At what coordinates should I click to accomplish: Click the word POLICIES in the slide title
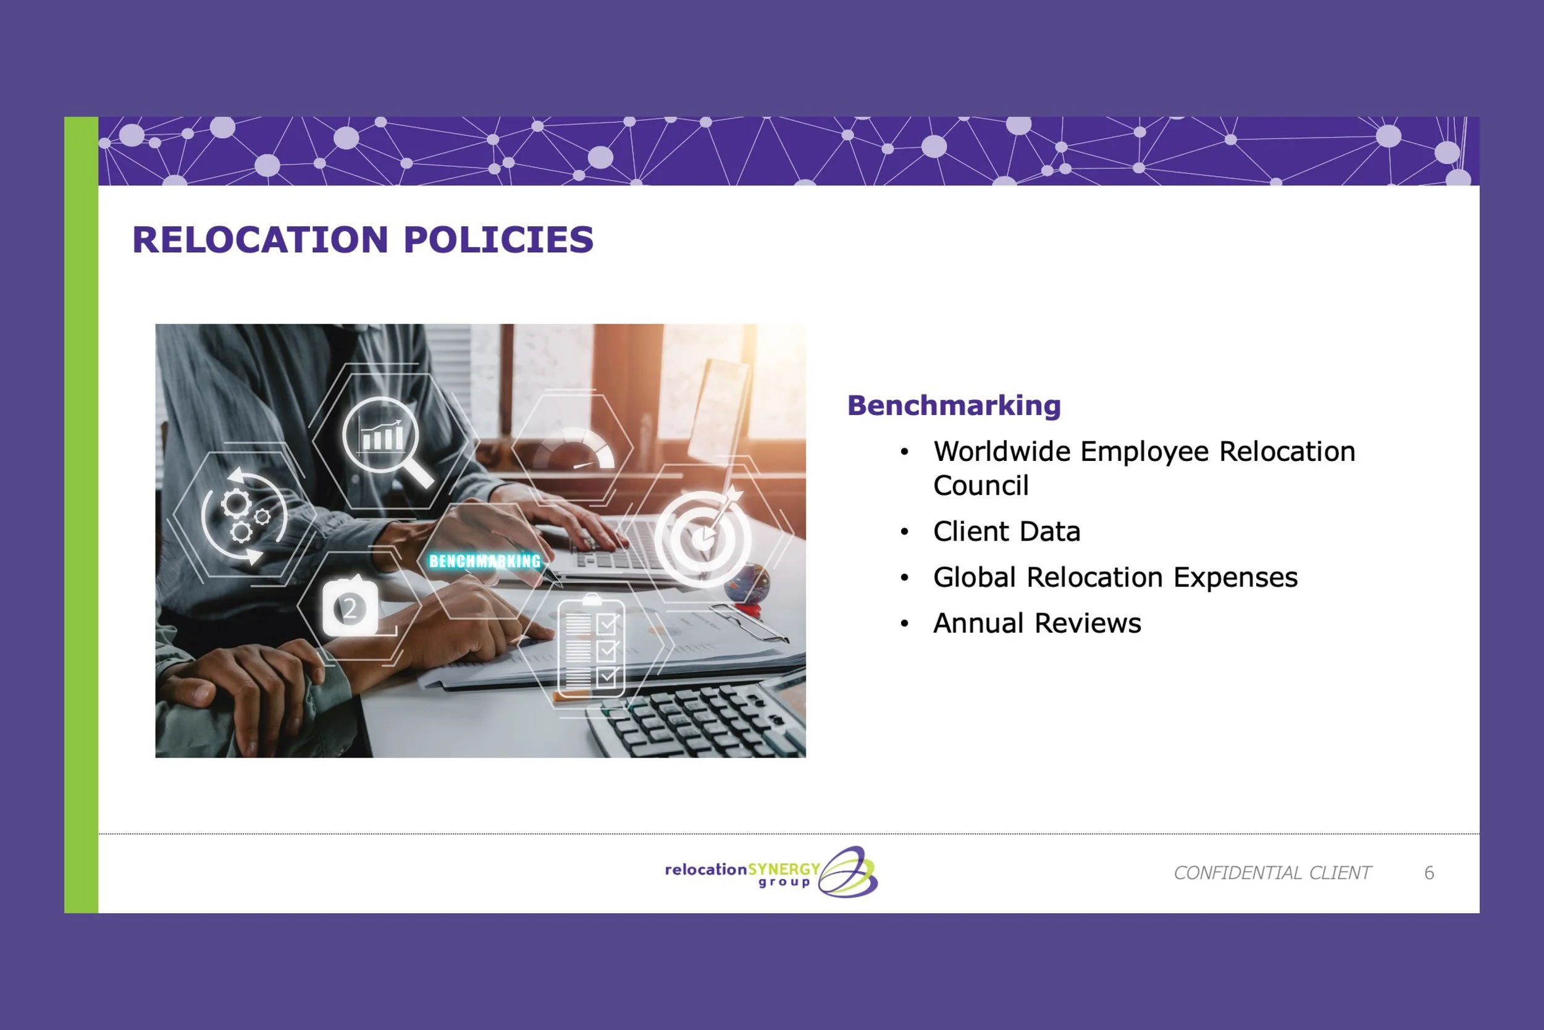[x=499, y=240]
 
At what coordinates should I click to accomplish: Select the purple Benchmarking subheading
[x=954, y=405]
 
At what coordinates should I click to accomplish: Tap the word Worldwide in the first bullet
[x=1002, y=452]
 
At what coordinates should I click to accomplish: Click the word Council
[x=981, y=486]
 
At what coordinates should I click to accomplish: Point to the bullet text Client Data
[x=1006, y=531]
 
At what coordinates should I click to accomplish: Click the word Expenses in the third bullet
[x=1235, y=577]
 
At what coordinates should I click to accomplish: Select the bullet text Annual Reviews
[x=1037, y=623]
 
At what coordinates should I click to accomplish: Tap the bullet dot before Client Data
[x=905, y=532]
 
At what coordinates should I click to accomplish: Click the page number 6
[x=1429, y=873]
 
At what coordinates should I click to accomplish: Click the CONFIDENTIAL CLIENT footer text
[x=1272, y=873]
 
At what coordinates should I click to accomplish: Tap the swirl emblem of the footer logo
[x=848, y=872]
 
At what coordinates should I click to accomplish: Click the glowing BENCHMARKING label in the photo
[x=484, y=561]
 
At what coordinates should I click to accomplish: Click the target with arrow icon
[x=703, y=538]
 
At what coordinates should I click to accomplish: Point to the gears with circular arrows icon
[x=243, y=516]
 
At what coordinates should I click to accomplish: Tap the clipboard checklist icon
[x=591, y=647]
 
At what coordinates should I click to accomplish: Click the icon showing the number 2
[x=350, y=607]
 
